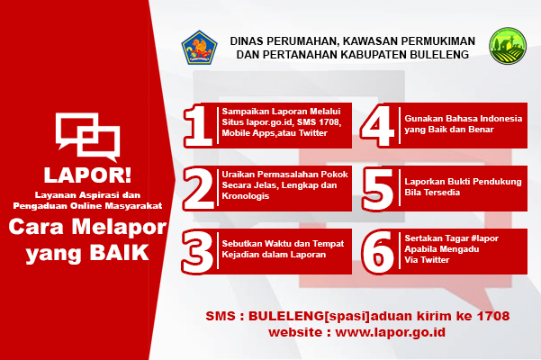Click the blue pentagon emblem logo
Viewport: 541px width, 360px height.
pos(199,48)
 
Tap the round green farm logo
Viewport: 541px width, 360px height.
pos(508,46)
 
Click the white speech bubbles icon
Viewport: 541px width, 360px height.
pos(87,137)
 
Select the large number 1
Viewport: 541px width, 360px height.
pos(198,126)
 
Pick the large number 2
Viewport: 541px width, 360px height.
pos(198,189)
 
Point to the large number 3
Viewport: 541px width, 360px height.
pos(197,252)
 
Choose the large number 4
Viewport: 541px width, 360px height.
pos(377,126)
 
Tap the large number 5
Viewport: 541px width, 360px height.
pos(378,189)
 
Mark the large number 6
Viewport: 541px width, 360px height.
pos(378,252)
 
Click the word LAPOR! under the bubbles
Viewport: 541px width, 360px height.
pos(87,175)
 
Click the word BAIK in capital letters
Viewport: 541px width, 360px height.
pos(119,252)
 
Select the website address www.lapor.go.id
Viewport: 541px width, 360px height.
pos(391,332)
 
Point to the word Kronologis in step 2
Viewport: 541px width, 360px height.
pos(246,196)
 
